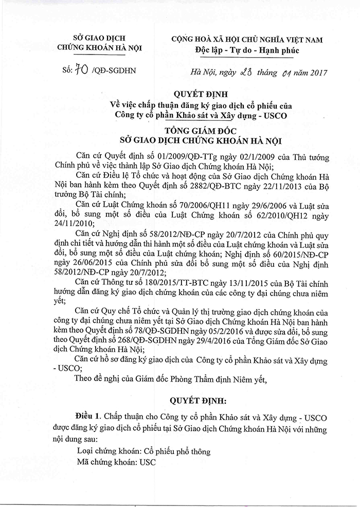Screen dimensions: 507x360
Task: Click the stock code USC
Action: click(143, 462)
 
